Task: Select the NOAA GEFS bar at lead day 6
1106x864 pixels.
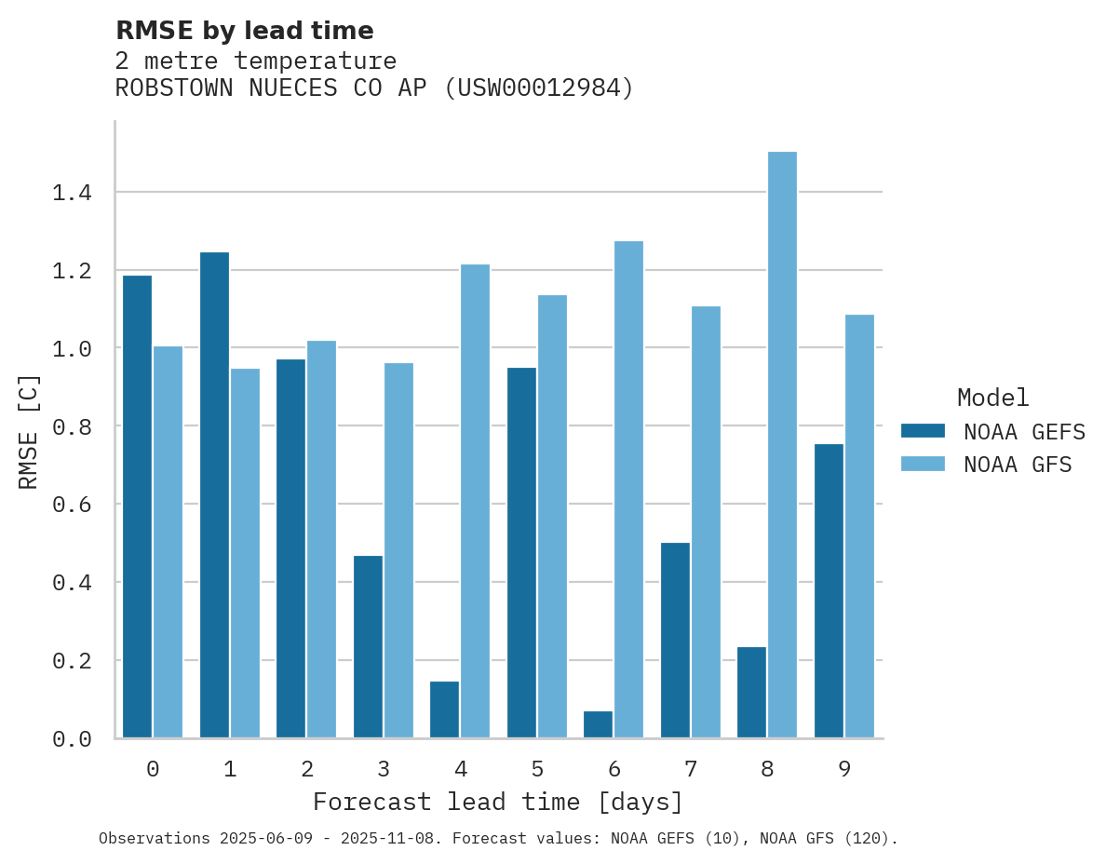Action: pyautogui.click(x=598, y=724)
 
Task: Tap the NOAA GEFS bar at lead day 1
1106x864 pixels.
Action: pyautogui.click(x=214, y=494)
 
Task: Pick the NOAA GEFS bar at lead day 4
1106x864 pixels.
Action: pyautogui.click(x=444, y=709)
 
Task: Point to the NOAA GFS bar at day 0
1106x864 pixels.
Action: pyautogui.click(x=168, y=542)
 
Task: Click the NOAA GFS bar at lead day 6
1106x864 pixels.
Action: pyautogui.click(x=628, y=490)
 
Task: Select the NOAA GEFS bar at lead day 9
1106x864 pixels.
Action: pyautogui.click(x=829, y=590)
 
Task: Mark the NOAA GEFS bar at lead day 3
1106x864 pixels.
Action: pyautogui.click(x=368, y=646)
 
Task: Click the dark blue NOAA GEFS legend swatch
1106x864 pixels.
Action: pyautogui.click(x=923, y=431)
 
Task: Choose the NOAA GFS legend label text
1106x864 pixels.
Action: pyautogui.click(x=1018, y=465)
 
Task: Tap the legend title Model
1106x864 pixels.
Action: pyautogui.click(x=992, y=398)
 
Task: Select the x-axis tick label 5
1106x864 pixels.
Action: pyautogui.click(x=537, y=769)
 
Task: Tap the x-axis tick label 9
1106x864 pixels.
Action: pyautogui.click(x=843, y=769)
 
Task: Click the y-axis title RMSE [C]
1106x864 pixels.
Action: pyautogui.click(x=29, y=430)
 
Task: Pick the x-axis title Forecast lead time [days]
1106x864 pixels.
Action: pyautogui.click(x=498, y=802)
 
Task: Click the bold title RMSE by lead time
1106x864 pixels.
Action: pyautogui.click(x=244, y=31)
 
